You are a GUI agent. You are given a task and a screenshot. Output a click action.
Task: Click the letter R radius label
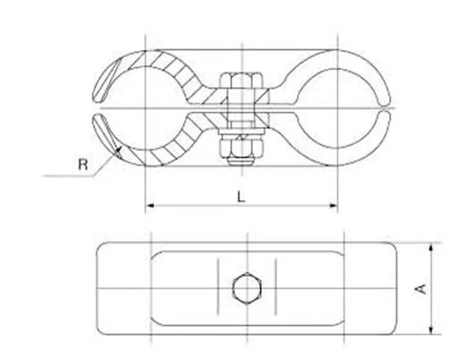83,164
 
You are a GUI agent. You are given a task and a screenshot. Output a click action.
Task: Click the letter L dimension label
241,197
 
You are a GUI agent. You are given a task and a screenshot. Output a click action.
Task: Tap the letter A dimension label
421,289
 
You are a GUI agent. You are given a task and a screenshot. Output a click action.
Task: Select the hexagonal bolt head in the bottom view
247,289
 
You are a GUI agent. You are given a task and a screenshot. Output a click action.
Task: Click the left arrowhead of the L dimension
151,205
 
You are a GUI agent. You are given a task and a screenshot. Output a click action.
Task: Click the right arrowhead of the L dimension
333,205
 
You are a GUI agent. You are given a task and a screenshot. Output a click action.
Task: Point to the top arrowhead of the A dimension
431,247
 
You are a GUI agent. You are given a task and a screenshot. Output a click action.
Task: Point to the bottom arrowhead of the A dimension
431,330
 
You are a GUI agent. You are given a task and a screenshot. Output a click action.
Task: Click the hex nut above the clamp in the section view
242,80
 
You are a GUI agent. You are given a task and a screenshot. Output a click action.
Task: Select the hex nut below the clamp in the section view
241,146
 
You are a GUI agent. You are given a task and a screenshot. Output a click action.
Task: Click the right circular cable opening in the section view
338,108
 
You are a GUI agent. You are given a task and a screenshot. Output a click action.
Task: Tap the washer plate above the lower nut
241,131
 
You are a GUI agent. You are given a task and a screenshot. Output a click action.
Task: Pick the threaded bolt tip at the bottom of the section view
242,162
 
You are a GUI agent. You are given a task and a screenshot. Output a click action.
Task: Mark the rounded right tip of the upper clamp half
385,101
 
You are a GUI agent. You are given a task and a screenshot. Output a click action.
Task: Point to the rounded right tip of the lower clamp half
385,115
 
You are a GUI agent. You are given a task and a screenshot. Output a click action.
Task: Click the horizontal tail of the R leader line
68,176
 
